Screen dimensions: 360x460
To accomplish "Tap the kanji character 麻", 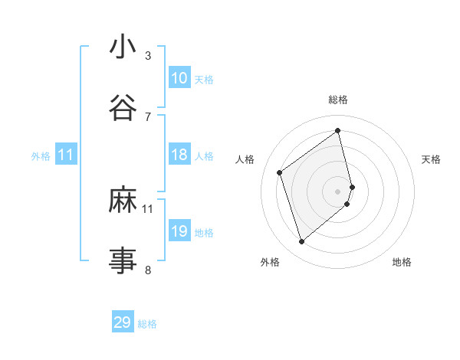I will point(123,200).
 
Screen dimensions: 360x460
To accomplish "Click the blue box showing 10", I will point(179,78).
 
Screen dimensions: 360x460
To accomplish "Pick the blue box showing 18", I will point(179,155).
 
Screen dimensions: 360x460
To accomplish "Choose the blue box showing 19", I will point(179,231).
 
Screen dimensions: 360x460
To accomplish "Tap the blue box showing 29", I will point(123,322).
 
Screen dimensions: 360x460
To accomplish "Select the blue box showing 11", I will point(65,155).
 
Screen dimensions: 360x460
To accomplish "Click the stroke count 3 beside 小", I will point(148,56).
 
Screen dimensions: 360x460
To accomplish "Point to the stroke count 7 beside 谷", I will point(148,116).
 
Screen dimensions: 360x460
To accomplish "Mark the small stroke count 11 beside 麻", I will point(148,208).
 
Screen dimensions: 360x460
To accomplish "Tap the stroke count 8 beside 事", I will point(148,270).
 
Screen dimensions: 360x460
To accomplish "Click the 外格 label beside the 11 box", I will point(41,156).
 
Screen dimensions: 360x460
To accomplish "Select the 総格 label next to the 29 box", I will point(148,324).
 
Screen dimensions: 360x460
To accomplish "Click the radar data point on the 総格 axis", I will point(338,131).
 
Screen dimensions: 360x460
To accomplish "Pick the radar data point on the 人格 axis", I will point(280,172).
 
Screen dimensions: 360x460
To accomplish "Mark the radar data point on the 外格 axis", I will point(301,242).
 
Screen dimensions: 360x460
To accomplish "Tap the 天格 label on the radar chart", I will point(431,159).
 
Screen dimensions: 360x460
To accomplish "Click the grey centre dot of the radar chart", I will point(338,190).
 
